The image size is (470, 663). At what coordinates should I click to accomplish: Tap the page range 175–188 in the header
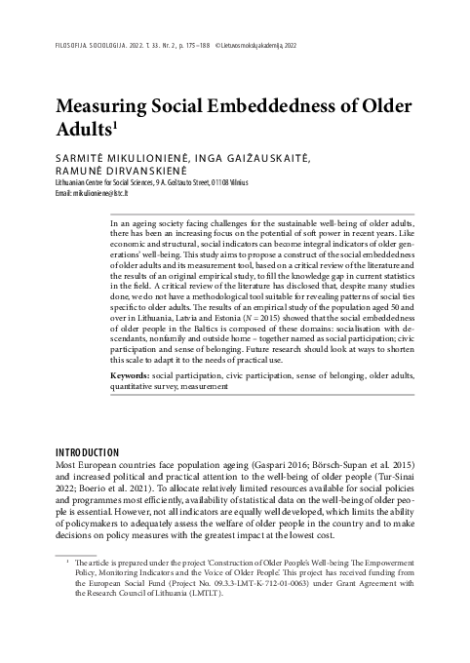196,44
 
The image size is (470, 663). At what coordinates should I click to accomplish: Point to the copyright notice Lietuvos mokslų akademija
271,44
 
